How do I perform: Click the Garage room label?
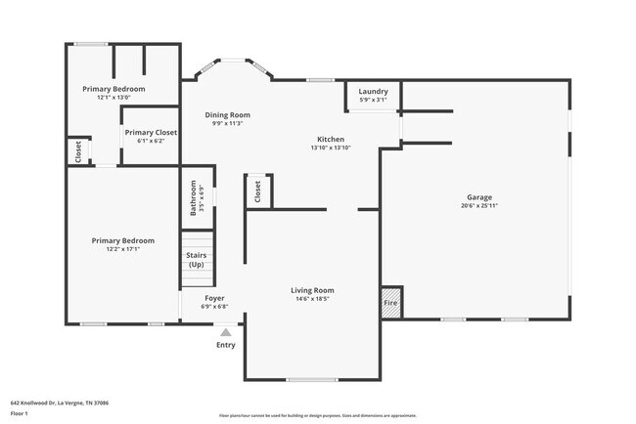pyautogui.click(x=478, y=196)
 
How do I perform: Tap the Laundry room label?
pyautogui.click(x=373, y=91)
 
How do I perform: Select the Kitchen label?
pyautogui.click(x=330, y=139)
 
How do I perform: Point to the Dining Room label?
pyautogui.click(x=227, y=115)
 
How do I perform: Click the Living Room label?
pyautogui.click(x=312, y=290)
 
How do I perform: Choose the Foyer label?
pyautogui.click(x=214, y=298)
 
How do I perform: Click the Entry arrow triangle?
pyautogui.click(x=226, y=332)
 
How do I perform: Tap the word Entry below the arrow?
pyautogui.click(x=226, y=345)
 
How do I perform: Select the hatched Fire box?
pyautogui.click(x=390, y=296)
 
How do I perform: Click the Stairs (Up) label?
pyautogui.click(x=196, y=260)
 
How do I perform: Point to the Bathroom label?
pyautogui.click(x=194, y=196)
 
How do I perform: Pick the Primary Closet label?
pyautogui.click(x=151, y=132)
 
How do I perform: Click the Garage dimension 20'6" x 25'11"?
pyautogui.click(x=478, y=205)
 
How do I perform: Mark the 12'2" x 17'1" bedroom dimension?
pyautogui.click(x=122, y=249)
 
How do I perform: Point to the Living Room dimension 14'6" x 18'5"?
pyautogui.click(x=312, y=299)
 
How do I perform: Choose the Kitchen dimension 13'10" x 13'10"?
pyautogui.click(x=330, y=148)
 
